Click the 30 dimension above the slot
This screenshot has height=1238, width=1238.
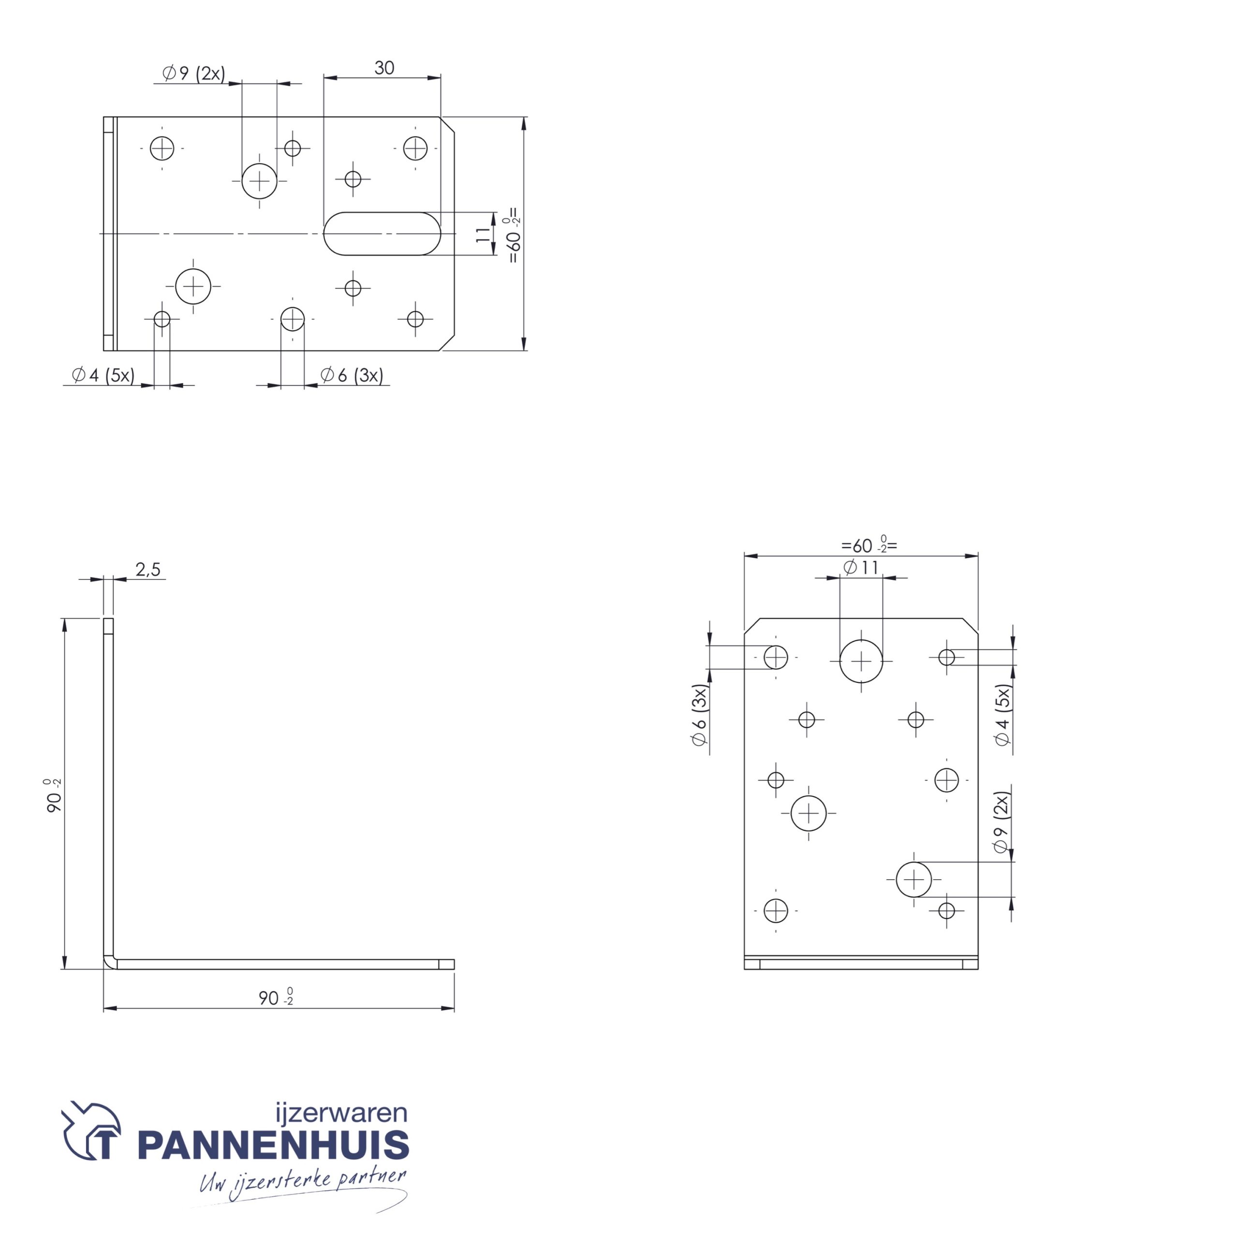[x=384, y=68]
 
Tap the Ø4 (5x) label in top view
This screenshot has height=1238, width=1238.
[x=103, y=375]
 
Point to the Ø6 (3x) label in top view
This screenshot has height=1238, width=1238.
[x=352, y=375]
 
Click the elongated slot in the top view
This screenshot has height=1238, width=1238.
[x=383, y=234]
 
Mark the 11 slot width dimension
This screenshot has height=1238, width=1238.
[x=484, y=234]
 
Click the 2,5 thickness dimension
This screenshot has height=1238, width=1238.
[x=148, y=569]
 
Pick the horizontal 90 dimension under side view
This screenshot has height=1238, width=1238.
[x=276, y=998]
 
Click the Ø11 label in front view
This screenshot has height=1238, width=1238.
[x=861, y=567]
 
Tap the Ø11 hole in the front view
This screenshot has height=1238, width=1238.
[x=861, y=661]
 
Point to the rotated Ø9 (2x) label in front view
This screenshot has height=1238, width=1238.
[x=1001, y=822]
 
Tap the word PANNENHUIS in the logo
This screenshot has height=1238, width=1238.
[x=274, y=1145]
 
